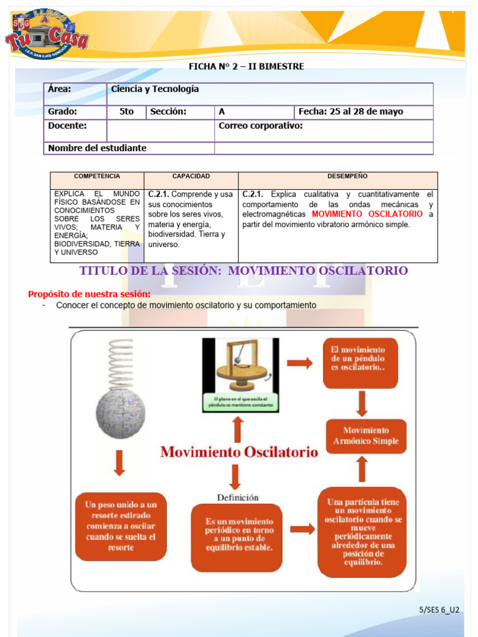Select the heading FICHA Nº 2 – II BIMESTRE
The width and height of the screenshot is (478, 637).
tap(246, 67)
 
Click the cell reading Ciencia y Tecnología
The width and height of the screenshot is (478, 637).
tap(155, 89)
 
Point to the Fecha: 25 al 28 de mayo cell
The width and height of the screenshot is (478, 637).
tap(350, 112)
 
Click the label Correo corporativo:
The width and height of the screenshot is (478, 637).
tap(261, 126)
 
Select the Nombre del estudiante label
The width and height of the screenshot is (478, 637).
tap(97, 148)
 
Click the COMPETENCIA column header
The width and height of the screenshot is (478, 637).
tap(97, 177)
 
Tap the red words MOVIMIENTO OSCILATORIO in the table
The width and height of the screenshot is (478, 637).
tap(367, 214)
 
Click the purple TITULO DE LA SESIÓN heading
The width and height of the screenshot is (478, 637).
tap(244, 271)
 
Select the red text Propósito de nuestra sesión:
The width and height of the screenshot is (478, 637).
tap(90, 294)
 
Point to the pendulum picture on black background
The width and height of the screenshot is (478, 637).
tap(240, 375)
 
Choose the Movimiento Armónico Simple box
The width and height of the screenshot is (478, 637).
tap(366, 435)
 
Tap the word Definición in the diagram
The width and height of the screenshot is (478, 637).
tap(238, 497)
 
